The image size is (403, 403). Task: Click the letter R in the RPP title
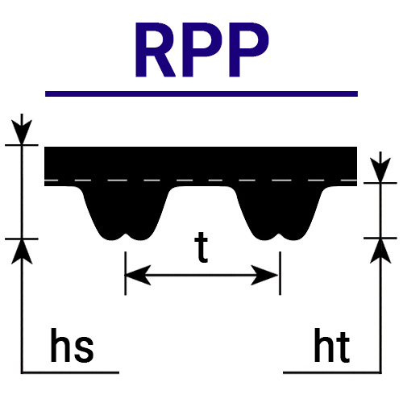point(156,50)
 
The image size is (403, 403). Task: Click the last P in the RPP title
point(248,50)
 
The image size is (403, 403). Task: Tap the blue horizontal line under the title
point(201,93)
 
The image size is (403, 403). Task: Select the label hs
point(72,345)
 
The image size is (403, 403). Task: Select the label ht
point(332,345)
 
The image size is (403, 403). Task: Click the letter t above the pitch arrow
point(201,247)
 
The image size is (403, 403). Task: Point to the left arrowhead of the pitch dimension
point(138,275)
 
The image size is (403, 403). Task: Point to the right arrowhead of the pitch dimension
point(264,275)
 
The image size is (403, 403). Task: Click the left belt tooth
point(125,212)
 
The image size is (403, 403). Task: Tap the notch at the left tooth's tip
point(126,235)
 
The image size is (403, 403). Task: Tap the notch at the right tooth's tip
point(280,235)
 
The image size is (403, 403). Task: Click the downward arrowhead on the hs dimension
point(22,131)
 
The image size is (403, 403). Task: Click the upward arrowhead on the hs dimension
point(22,251)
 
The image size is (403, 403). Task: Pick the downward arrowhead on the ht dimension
point(380,170)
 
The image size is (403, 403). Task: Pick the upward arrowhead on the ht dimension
point(380,251)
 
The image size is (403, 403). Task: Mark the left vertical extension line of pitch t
point(126,273)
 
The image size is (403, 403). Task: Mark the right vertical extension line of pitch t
point(280,273)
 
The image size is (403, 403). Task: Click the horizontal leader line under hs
point(70,372)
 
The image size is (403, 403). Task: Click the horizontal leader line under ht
point(332,372)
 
